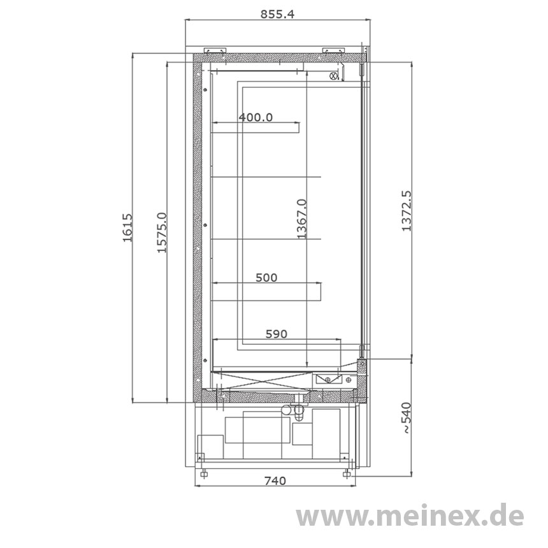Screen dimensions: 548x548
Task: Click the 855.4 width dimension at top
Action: point(277,14)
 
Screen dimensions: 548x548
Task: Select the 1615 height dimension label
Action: point(127,228)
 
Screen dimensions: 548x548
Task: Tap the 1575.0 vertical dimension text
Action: point(161,233)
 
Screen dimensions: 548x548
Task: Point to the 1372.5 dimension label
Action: point(407,211)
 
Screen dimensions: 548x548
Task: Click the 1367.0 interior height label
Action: point(301,219)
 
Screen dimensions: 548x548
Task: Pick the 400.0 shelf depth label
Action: point(256,117)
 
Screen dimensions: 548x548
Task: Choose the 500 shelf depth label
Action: point(266,277)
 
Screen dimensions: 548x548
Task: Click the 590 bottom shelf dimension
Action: point(277,334)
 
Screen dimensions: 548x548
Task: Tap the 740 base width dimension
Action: point(275,481)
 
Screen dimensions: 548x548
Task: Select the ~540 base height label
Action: point(407,419)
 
